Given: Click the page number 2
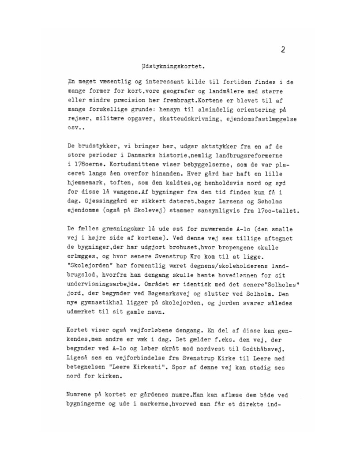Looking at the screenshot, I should pos(283,49).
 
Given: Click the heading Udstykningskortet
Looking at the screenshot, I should pos(170,68).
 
